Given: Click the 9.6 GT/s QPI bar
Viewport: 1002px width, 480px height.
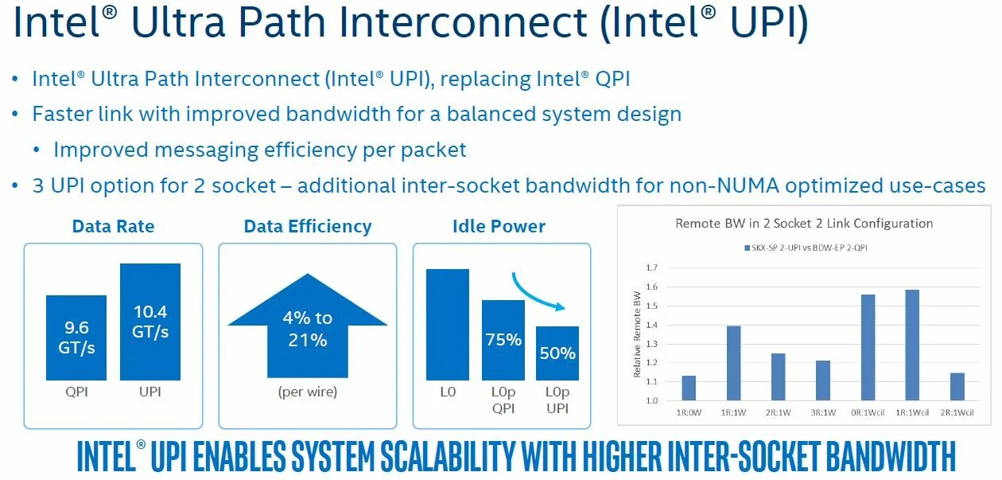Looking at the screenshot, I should pyautogui.click(x=76, y=338).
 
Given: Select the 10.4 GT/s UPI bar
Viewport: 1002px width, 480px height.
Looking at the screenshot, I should pyautogui.click(x=150, y=322).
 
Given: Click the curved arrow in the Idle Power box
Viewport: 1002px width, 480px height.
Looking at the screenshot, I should pyautogui.click(x=538, y=292).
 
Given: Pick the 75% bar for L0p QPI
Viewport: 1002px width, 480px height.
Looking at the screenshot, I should pyautogui.click(x=503, y=340).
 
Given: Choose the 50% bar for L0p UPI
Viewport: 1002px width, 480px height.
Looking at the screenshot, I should pyautogui.click(x=557, y=353).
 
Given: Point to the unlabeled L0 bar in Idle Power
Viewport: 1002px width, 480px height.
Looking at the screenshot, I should pyautogui.click(x=448, y=324).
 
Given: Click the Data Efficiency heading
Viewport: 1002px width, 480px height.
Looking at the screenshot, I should pyautogui.click(x=308, y=226).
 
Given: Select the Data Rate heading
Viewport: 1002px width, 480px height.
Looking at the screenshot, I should pyautogui.click(x=113, y=226).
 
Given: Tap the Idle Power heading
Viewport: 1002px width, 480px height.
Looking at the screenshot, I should pyautogui.click(x=499, y=226).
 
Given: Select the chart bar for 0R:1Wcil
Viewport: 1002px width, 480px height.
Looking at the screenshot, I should pyautogui.click(x=868, y=347).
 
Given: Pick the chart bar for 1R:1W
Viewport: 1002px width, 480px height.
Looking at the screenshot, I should pyautogui.click(x=733, y=363).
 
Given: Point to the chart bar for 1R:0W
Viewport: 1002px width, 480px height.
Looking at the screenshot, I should pyautogui.click(x=689, y=388).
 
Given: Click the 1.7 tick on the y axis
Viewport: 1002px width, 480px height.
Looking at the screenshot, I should pyautogui.click(x=651, y=267).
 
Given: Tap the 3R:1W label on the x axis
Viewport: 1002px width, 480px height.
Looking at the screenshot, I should pyautogui.click(x=822, y=412).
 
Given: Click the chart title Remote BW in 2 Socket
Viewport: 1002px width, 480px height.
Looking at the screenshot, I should pyautogui.click(x=804, y=223).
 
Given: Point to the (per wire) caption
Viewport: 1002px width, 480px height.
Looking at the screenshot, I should pyautogui.click(x=308, y=392).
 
